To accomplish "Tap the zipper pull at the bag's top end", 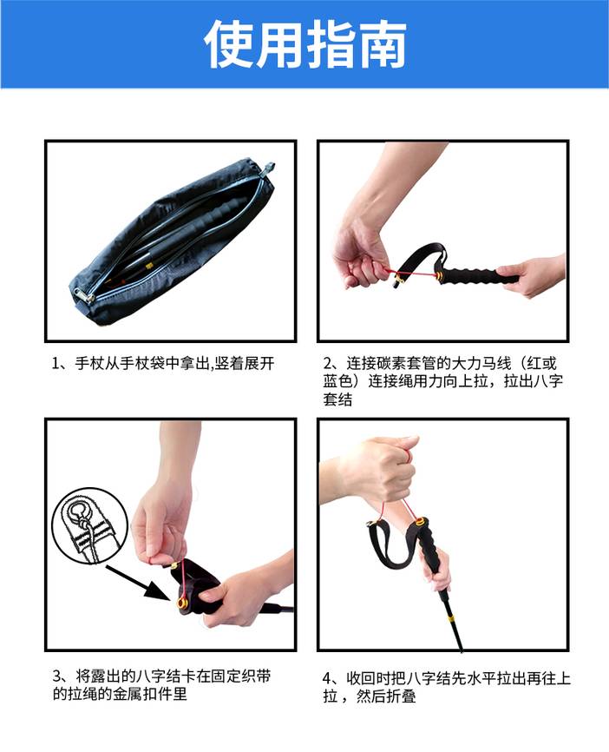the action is tap(268, 168).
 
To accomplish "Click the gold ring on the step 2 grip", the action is tap(439, 276).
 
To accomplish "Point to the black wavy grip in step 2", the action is tap(477, 277).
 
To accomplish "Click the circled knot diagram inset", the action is tap(89, 525).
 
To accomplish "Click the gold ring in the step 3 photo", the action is tap(182, 602).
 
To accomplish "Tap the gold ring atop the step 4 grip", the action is tap(420, 521).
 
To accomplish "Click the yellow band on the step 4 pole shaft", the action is tap(451, 618).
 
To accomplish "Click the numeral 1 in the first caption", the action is tap(56, 364).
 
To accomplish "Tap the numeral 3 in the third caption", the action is tap(57, 676).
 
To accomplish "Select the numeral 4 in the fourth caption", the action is tap(328, 678).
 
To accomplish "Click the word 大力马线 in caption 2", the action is tap(481, 364).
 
